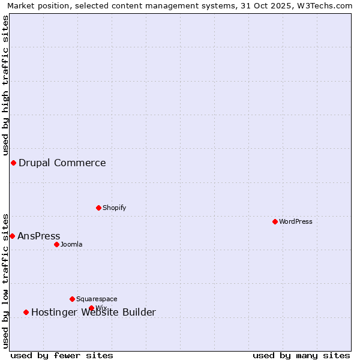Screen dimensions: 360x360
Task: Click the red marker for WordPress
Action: pyautogui.click(x=275, y=221)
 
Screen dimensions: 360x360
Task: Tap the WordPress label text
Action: pyautogui.click(x=296, y=221)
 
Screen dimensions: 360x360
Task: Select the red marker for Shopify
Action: pyautogui.click(x=98, y=208)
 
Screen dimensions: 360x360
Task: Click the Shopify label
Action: pyautogui.click(x=115, y=208)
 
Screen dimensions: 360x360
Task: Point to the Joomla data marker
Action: pyautogui.click(x=56, y=244)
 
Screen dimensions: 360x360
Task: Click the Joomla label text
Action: pyautogui.click(x=71, y=244)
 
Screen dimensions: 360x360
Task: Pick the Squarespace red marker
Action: pyautogui.click(x=72, y=299)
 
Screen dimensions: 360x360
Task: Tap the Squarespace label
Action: pyautogui.click(x=97, y=299)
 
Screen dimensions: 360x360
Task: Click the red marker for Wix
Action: pyautogui.click(x=91, y=308)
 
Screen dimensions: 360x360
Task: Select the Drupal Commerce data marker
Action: pyautogui.click(x=13, y=163)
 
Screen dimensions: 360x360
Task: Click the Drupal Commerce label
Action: pyautogui.click(x=62, y=163)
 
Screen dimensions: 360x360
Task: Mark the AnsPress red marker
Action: pyautogui.click(x=12, y=236)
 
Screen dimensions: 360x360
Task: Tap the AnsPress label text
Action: pyautogui.click(x=39, y=236)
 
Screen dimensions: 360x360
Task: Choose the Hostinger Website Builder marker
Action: pyautogui.click(x=26, y=312)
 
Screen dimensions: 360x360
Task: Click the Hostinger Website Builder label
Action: pyautogui.click(x=94, y=312)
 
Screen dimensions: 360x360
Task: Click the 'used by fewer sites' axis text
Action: pyautogui.click(x=62, y=355)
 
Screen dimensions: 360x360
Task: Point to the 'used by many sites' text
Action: pyautogui.click(x=301, y=355)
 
